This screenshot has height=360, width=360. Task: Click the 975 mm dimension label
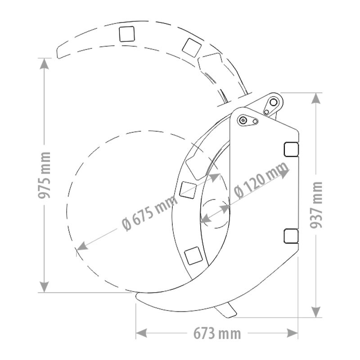44,175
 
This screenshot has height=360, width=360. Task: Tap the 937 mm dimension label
316,205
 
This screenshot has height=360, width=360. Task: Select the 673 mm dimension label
217,333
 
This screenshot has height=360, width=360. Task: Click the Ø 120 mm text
261,180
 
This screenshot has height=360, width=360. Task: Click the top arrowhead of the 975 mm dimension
44,63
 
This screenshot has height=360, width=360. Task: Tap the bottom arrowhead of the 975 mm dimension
44,287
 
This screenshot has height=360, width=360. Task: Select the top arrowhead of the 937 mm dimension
316,98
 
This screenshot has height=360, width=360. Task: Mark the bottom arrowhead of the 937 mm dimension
316,312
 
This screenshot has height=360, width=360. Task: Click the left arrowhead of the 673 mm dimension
141,333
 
